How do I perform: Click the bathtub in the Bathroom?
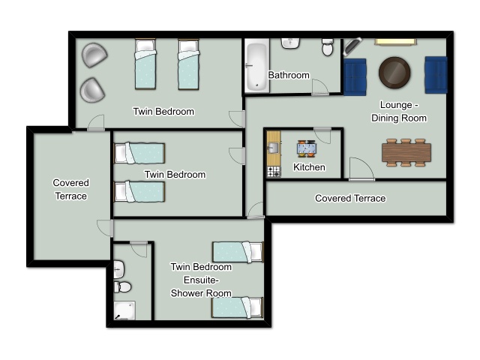[x=256, y=66]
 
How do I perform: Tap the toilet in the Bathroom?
[x=328, y=47]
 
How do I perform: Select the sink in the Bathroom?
[x=290, y=43]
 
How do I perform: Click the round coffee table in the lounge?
[x=394, y=73]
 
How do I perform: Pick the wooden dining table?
[x=406, y=152]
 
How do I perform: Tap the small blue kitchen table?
[x=307, y=148]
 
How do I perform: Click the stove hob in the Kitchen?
[x=274, y=172]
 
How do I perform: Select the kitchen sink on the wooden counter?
[x=273, y=148]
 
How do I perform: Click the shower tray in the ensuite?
[x=124, y=310]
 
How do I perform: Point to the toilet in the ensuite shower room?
[x=123, y=287]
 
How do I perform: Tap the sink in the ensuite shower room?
[x=118, y=269]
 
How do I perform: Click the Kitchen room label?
[x=309, y=167]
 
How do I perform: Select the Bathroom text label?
[x=289, y=75]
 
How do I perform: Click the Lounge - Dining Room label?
[x=399, y=112]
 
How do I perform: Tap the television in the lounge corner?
[x=352, y=46]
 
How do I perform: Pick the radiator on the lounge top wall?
[x=395, y=42]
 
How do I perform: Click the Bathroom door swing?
[x=320, y=87]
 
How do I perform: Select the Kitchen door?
[x=322, y=136]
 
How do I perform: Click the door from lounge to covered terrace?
[x=361, y=169]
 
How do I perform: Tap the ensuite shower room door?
[x=139, y=250]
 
